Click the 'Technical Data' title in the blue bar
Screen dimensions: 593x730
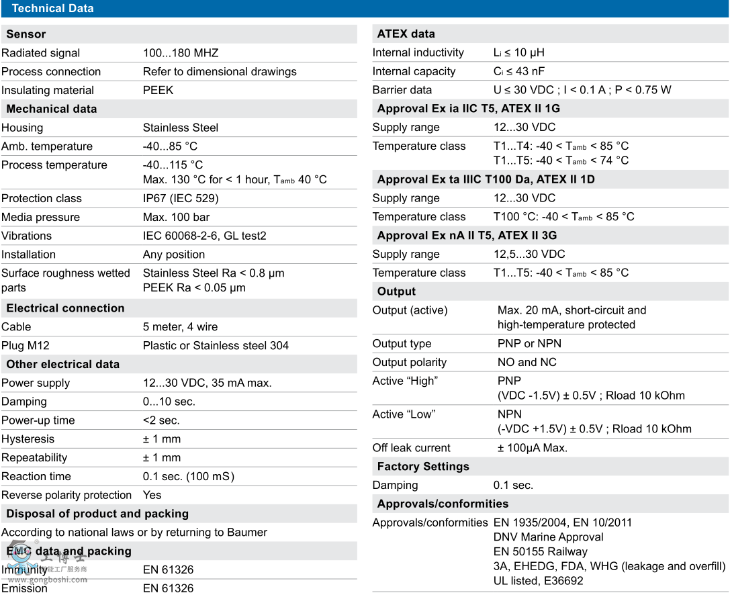(52, 9)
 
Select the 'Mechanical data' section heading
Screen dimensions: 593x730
(52, 109)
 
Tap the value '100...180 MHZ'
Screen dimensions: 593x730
(181, 53)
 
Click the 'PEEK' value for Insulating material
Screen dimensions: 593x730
(158, 90)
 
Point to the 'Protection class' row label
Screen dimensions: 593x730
(41, 199)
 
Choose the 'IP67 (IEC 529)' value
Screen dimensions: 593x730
(181, 199)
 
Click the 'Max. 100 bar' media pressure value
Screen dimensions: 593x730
(176, 218)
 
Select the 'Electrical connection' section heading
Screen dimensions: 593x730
(65, 308)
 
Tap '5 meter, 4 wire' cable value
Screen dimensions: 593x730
(180, 327)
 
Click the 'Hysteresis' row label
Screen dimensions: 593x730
(28, 439)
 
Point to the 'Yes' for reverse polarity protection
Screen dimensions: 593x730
(152, 495)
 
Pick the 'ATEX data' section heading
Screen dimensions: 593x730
(406, 34)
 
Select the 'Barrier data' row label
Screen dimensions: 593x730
(402, 90)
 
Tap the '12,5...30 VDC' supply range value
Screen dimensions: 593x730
(529, 254)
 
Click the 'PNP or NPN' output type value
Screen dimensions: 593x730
(529, 344)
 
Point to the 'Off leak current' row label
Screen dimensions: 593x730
(412, 448)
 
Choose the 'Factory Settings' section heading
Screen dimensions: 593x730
(423, 467)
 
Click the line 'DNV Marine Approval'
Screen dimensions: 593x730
(548, 537)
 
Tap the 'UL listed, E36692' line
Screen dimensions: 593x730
(538, 581)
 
